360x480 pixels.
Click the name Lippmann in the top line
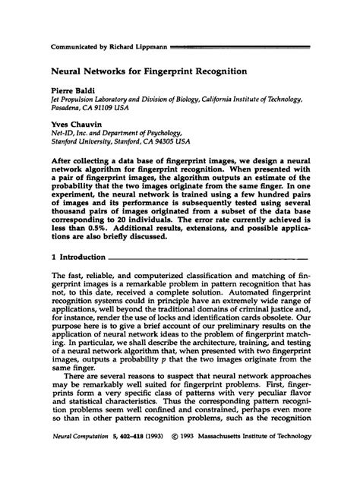click(150, 47)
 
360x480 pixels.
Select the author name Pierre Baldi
click(72, 90)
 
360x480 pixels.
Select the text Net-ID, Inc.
click(71, 139)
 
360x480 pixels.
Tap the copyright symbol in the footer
click(182, 459)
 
